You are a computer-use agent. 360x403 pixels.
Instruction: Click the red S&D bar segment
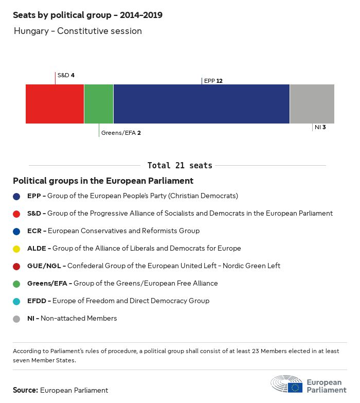tap(55, 104)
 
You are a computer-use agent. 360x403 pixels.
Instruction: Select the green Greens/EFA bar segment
tap(99, 104)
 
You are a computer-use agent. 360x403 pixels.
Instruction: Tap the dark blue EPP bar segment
tap(201, 104)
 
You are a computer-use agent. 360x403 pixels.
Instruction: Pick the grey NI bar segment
tap(312, 104)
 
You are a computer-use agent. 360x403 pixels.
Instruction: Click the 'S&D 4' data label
tap(66, 76)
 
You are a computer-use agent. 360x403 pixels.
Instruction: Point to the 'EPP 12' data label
tap(213, 81)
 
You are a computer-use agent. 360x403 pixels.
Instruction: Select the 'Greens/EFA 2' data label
tap(121, 133)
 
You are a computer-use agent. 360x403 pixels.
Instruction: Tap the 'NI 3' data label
tap(320, 127)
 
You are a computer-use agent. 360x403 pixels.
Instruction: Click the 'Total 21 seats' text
tap(179, 165)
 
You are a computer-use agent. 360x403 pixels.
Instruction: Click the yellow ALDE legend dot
tap(17, 249)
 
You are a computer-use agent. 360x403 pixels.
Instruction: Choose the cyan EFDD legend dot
tap(17, 301)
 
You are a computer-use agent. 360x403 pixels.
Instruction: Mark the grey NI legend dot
tap(17, 319)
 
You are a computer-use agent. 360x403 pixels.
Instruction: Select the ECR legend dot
tap(17, 231)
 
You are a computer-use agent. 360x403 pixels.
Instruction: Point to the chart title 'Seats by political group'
tap(87, 15)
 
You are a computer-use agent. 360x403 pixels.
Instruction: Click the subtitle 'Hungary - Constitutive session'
tap(78, 31)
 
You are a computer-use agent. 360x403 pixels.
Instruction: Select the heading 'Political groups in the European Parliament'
tap(103, 181)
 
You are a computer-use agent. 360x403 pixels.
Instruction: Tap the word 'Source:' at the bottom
tap(25, 391)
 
